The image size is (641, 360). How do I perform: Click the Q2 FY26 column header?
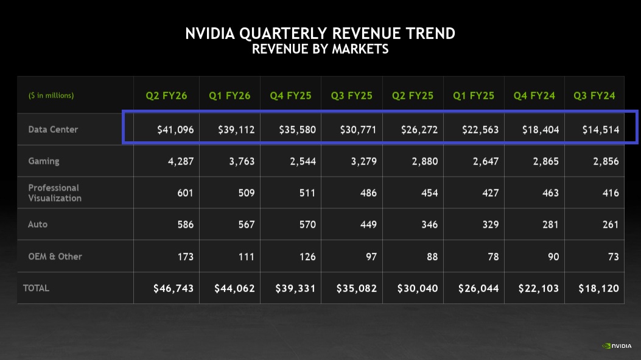click(166, 96)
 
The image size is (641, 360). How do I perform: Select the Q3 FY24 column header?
click(594, 96)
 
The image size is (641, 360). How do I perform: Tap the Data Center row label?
click(53, 129)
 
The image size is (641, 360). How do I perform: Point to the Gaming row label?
click(44, 161)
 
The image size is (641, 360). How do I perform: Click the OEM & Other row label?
click(55, 256)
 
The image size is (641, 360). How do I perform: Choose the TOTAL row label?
click(37, 288)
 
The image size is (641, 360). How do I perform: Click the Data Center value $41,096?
click(175, 130)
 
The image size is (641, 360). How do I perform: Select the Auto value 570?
click(307, 225)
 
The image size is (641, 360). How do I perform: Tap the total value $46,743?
click(173, 288)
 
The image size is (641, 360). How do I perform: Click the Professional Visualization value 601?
click(185, 193)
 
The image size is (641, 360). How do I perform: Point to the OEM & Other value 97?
click(370, 256)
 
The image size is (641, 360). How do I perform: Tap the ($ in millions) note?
click(51, 96)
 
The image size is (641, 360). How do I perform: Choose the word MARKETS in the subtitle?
click(360, 49)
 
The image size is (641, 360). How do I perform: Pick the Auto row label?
click(38, 224)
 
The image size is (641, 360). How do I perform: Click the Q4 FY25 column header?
click(290, 96)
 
